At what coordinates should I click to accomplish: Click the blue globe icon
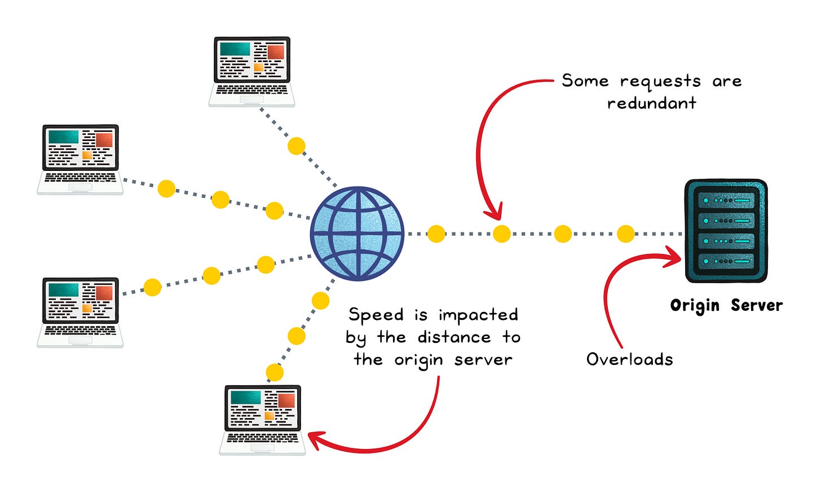click(357, 233)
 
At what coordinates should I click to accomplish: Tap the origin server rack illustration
click(726, 231)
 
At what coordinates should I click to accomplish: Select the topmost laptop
click(251, 72)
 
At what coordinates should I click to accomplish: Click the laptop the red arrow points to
click(263, 420)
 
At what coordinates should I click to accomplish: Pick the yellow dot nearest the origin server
click(625, 234)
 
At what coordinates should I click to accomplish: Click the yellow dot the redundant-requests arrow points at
click(501, 234)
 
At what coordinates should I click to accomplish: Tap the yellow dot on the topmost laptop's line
click(296, 146)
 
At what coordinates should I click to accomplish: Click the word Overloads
click(629, 359)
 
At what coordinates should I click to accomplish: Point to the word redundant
click(651, 103)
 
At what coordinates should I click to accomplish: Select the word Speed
click(376, 315)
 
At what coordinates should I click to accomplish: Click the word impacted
click(478, 315)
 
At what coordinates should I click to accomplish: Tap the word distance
click(454, 337)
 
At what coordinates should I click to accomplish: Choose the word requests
click(660, 82)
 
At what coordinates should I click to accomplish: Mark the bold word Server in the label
click(757, 306)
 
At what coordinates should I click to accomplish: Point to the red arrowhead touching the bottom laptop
click(316, 440)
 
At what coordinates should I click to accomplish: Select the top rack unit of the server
click(726, 200)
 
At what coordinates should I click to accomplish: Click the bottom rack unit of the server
click(726, 262)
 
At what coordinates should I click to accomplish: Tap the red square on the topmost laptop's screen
click(276, 52)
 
